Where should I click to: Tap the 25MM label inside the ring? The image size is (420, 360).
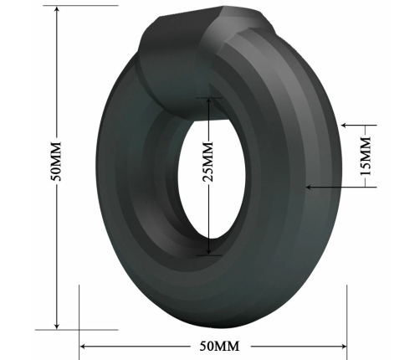click(x=209, y=161)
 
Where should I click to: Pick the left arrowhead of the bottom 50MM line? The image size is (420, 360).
click(x=84, y=345)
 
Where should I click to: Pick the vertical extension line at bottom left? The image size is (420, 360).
click(x=79, y=314)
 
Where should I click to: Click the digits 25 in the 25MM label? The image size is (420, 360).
click(x=209, y=172)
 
